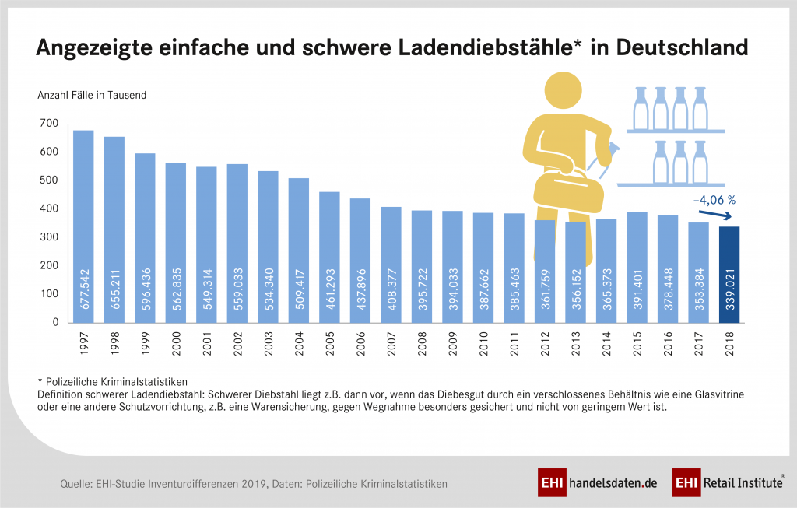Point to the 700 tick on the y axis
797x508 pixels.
pos(48,124)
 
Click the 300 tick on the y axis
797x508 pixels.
pos(48,237)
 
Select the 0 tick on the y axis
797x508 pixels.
pos(55,322)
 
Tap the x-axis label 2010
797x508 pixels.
pos(483,344)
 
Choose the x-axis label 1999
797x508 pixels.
pos(145,344)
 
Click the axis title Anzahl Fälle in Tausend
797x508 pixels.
pos(92,96)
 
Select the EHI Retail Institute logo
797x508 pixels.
pos(728,483)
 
